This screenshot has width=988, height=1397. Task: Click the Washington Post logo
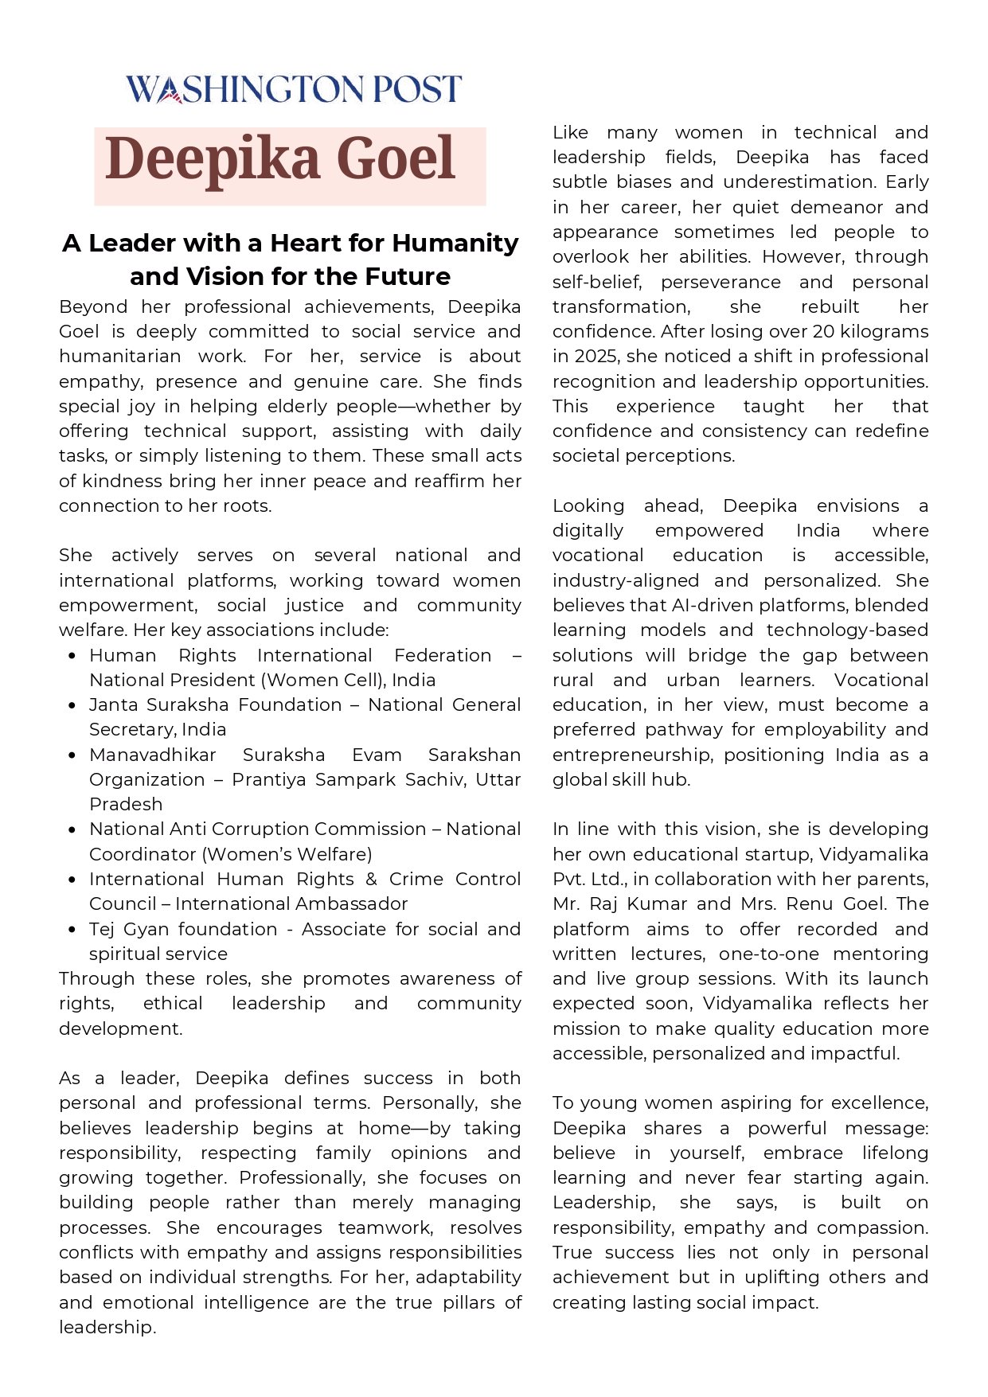click(x=294, y=89)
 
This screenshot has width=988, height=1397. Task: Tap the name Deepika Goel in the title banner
click(x=280, y=159)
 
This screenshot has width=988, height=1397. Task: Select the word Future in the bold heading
click(x=408, y=276)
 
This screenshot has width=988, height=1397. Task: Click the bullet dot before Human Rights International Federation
click(x=72, y=656)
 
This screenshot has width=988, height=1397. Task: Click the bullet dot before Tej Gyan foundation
click(x=72, y=930)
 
